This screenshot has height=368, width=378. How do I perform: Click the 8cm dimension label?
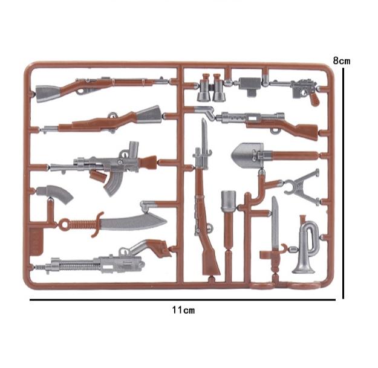coord(342,60)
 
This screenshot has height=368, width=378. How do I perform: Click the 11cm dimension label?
coord(183,310)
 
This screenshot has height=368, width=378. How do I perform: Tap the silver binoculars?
coord(211,87)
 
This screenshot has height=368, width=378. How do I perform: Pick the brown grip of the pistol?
coord(314,98)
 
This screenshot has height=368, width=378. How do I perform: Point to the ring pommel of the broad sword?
coord(64,225)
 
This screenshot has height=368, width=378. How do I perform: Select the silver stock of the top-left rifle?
coord(48,94)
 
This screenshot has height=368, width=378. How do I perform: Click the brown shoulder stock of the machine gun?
coord(158,247)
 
